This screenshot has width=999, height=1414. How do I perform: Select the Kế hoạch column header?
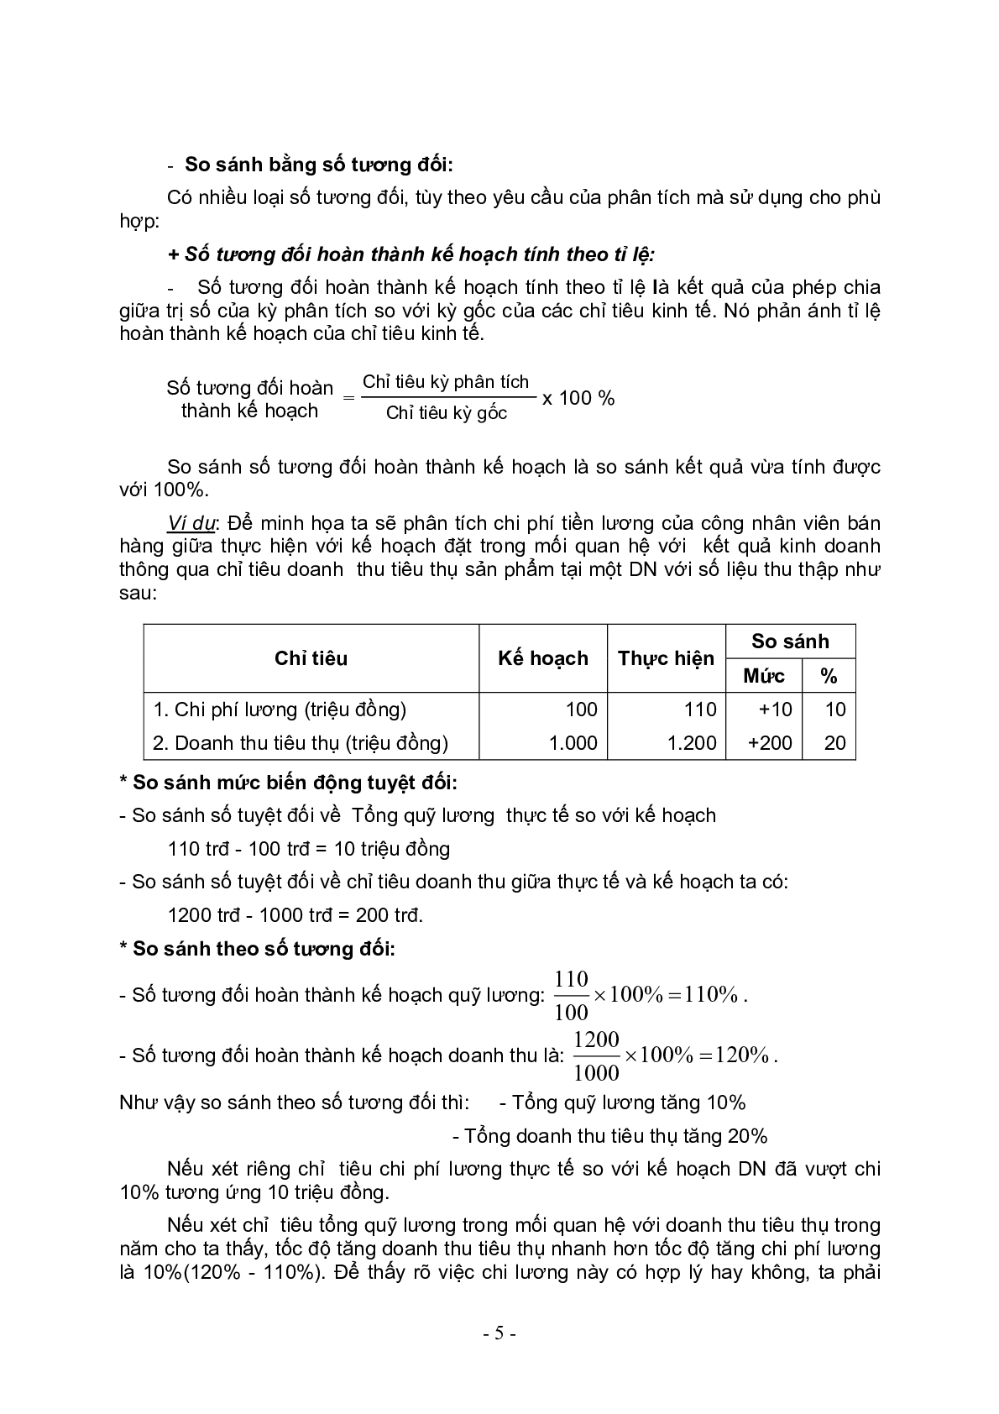point(542,658)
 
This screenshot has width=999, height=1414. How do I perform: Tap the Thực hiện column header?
point(666,658)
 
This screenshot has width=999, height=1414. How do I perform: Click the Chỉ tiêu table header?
point(311,658)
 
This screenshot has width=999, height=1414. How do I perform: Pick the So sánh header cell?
point(790,642)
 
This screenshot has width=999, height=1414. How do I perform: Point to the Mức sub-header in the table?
point(764,676)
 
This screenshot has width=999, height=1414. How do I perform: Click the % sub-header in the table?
point(829,676)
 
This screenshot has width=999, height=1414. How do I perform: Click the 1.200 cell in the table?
point(692,743)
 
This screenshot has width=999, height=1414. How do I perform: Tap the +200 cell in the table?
point(770,743)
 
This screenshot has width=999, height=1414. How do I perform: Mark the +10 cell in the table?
point(775,710)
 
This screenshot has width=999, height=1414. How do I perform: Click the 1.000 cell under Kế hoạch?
point(573,743)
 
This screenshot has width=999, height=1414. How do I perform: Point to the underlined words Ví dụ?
point(191,523)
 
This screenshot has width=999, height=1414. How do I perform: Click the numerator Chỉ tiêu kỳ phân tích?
point(446,382)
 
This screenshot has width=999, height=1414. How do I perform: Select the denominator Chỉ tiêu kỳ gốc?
point(446,413)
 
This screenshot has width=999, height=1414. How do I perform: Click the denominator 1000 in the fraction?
point(596,1072)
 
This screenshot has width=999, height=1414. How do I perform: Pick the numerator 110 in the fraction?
point(571,979)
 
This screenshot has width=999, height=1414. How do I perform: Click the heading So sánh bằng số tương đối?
point(318,164)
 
